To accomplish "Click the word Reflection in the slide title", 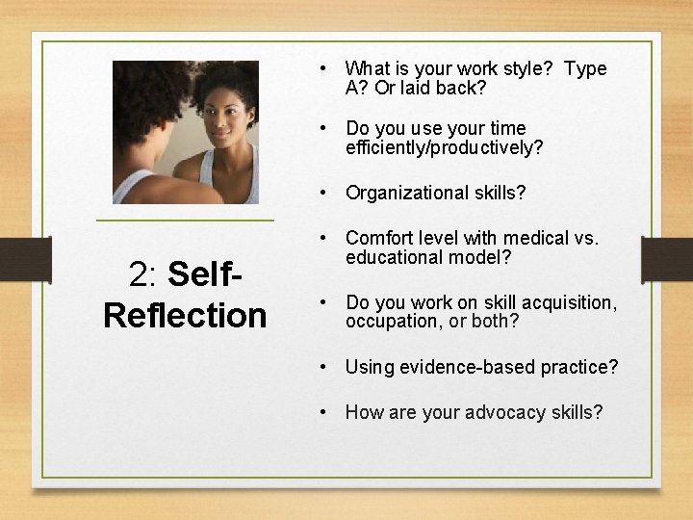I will click(185, 315).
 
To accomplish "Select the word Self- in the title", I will click(204, 275).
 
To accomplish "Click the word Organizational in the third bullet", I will click(401, 193).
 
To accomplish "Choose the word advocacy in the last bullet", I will click(505, 412).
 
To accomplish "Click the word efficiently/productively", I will click(444, 147).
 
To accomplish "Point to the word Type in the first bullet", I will click(585, 69).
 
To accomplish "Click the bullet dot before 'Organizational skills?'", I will click(325, 193).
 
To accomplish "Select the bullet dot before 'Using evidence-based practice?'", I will click(325, 367).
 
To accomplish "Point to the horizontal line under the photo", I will click(185, 221).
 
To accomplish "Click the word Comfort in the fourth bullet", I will click(377, 238).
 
